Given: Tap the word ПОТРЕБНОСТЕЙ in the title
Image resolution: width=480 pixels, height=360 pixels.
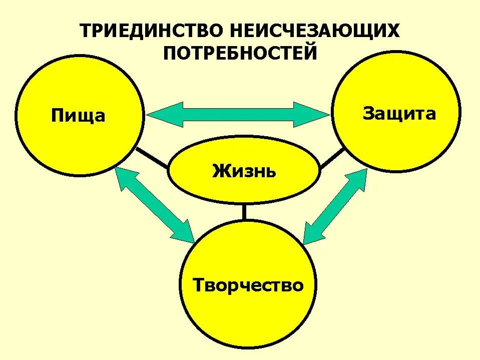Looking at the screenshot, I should click(x=240, y=53).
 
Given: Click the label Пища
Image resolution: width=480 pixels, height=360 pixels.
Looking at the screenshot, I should click(x=78, y=116).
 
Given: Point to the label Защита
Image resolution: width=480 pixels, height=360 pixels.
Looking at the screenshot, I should click(x=399, y=114).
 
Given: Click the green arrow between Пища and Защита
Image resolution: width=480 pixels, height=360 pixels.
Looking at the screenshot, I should click(x=239, y=114).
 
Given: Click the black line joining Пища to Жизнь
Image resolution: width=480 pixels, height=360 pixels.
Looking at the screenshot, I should click(x=152, y=158).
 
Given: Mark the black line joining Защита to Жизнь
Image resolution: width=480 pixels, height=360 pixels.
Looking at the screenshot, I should click(x=331, y=157).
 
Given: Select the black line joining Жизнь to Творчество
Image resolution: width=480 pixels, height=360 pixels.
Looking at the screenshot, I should click(x=244, y=213).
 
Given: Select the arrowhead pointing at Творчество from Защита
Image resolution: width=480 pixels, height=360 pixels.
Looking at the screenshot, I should click(x=311, y=234).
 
